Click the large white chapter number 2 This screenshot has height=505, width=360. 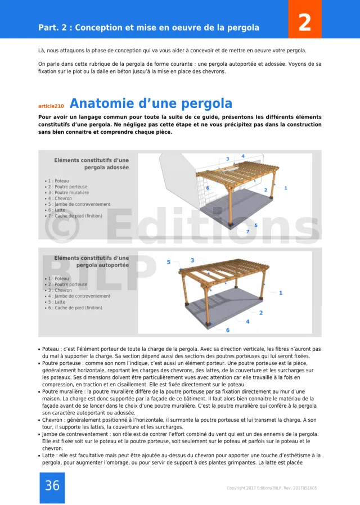(304, 23)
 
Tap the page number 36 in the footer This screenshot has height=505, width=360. (52, 486)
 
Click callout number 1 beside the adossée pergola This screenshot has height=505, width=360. (286, 188)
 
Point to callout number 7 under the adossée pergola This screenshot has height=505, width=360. (247, 232)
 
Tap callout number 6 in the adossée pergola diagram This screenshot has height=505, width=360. (208, 188)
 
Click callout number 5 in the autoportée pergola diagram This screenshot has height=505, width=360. (169, 262)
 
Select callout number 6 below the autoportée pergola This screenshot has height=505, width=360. (228, 330)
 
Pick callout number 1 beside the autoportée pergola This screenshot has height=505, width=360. (281, 292)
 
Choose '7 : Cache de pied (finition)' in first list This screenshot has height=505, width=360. (75, 216)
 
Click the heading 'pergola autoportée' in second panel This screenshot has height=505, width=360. (102, 265)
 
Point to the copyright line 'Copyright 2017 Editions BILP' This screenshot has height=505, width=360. (271, 488)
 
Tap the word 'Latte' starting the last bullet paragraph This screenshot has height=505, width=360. (49, 456)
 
